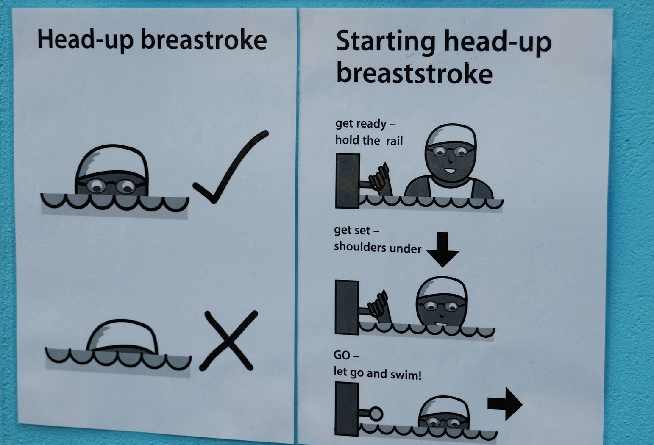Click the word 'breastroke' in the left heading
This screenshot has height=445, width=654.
tap(204, 40)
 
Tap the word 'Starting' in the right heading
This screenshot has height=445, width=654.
tap(385, 42)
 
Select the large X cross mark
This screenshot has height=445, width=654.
tap(228, 341)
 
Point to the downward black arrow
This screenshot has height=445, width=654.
tap(442, 250)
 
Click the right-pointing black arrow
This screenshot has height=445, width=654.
tap(505, 404)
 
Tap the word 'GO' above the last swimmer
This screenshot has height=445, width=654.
tap(342, 355)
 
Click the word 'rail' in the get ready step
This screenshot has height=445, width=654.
tap(395, 141)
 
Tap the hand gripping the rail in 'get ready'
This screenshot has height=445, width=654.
tap(379, 179)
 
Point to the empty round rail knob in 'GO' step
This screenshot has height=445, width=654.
tap(376, 414)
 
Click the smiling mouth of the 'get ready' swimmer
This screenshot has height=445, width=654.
tap(450, 171)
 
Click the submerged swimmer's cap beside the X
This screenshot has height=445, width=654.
tap(122, 336)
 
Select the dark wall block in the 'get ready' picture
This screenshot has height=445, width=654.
tap(348, 181)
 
